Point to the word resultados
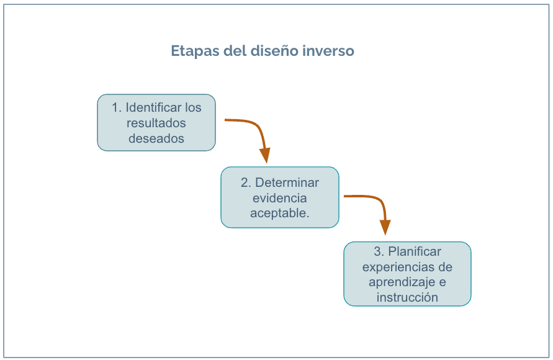(156, 123)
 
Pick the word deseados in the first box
(156, 138)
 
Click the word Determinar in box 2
(287, 182)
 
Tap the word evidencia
(280, 198)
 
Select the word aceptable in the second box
(278, 214)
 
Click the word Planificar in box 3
(415, 251)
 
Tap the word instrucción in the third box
(407, 297)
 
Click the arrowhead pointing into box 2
(265, 155)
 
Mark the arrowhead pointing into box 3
(385, 227)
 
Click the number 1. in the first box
(117, 107)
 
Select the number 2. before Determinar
(246, 182)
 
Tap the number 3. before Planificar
(379, 251)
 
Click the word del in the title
(235, 50)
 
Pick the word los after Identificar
(193, 107)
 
